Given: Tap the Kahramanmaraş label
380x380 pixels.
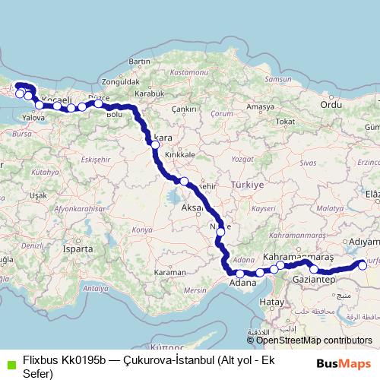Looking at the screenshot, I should pos(303,258).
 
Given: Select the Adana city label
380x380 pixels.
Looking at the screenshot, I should pos(243,282).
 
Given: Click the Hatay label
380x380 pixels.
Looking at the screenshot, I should pos(271,302).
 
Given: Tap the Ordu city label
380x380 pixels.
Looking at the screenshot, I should pos(331,105).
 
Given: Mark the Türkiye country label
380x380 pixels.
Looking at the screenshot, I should pos(248,185).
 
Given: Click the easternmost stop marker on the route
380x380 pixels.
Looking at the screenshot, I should pos(362,264).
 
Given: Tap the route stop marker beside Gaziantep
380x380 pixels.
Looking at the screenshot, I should pos(314,269).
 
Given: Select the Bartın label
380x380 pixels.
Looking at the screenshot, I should pos(140,61).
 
